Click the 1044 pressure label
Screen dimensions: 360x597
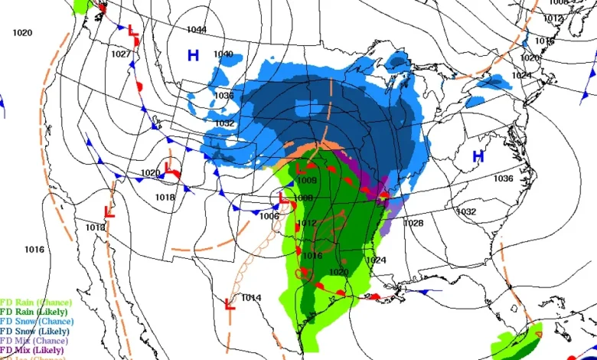pos(197,30)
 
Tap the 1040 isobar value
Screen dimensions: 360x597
pos(223,54)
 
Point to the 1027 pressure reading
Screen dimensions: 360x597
pos(120,54)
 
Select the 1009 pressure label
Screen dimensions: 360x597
pos(307,181)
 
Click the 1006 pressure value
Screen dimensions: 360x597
pos(269,217)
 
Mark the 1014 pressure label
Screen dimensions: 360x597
pos(251,297)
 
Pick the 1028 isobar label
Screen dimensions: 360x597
pos(413,223)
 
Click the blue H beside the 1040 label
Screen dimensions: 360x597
pos(194,55)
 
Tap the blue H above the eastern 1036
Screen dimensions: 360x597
pos(478,156)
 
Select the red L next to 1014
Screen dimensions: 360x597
pos(229,305)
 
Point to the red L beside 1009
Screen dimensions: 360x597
pos(301,168)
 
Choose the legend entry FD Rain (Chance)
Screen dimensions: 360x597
pos(36,303)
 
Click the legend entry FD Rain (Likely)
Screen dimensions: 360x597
pos(34,312)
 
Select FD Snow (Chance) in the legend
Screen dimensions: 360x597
pos(37,322)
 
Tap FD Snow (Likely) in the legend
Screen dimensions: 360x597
pos(35,331)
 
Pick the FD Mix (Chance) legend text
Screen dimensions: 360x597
pos(34,340)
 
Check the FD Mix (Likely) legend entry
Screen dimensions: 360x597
pos(33,349)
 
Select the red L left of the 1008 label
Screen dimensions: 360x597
pos(283,199)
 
